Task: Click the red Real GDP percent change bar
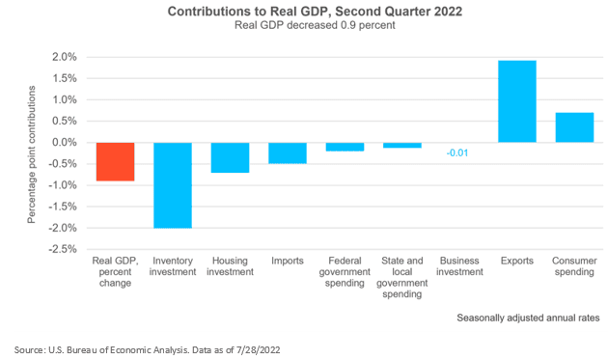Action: coord(115,161)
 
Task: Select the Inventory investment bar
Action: coord(172,185)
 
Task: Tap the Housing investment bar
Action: coord(230,157)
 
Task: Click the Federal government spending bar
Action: coord(345,147)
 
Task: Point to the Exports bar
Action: coord(517,101)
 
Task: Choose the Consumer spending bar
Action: coord(574,127)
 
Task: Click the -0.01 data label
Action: coord(459,152)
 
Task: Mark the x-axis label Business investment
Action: coord(459,266)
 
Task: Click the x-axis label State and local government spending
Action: coord(402,277)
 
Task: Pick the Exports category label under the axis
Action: coord(517,262)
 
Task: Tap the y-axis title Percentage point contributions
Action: coord(31,153)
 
